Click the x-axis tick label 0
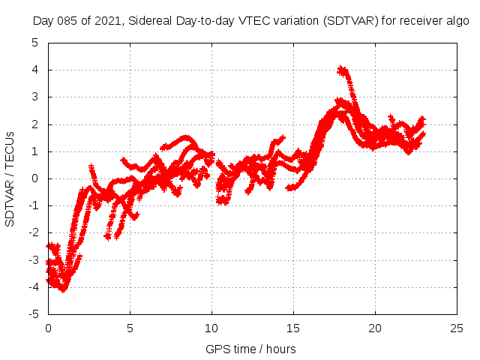click(x=48, y=328)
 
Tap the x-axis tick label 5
click(x=130, y=328)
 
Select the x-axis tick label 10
click(x=211, y=328)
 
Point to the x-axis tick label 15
click(x=293, y=328)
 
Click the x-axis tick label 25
click(x=457, y=328)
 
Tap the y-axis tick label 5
click(x=35, y=43)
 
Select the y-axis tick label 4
click(x=35, y=70)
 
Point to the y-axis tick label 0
click(x=35, y=178)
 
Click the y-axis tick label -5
click(x=33, y=314)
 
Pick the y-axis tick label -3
click(x=33, y=260)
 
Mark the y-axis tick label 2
click(x=35, y=124)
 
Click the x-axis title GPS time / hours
click(x=250, y=349)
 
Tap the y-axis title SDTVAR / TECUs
click(x=10, y=178)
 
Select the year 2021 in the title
click(x=107, y=21)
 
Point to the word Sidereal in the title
click(x=148, y=21)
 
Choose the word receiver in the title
click(x=417, y=21)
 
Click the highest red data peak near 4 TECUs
click(x=342, y=70)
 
